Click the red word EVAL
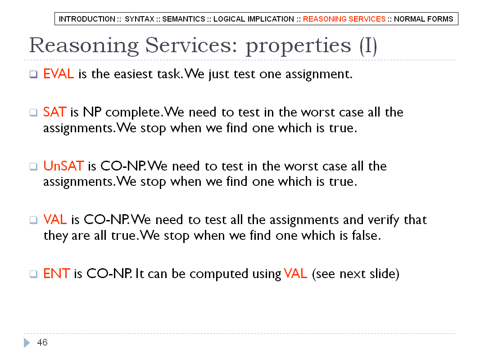(x=59, y=74)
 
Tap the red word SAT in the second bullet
(x=55, y=112)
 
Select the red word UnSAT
(x=63, y=166)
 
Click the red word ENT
(x=57, y=274)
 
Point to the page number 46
(x=42, y=342)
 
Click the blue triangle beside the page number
(x=27, y=342)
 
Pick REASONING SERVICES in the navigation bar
(x=344, y=19)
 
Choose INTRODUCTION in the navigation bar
(x=87, y=19)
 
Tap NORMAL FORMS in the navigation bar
(x=423, y=19)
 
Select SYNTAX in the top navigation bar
(x=139, y=19)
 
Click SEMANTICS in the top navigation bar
(x=184, y=19)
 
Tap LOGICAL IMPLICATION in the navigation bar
(x=254, y=19)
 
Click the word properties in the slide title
(x=299, y=46)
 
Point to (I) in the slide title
(x=368, y=46)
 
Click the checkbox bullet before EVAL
(x=33, y=74)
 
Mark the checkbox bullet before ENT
(x=33, y=274)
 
